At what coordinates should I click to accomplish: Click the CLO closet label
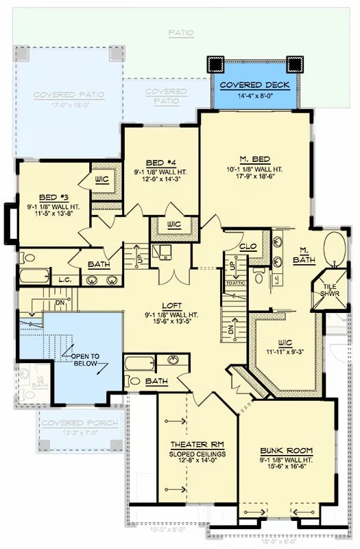248,246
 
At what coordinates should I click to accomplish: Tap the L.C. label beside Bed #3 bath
66,279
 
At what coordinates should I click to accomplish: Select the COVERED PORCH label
79,423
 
